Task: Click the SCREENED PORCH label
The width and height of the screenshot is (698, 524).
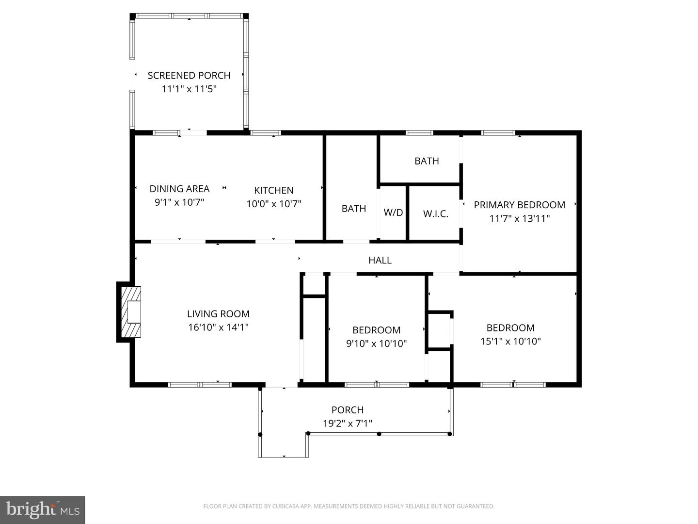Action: [x=189, y=75]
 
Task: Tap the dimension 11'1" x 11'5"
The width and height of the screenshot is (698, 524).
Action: [x=189, y=89]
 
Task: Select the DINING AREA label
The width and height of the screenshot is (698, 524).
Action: [x=179, y=189]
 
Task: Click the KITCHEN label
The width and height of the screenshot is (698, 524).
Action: [x=274, y=190]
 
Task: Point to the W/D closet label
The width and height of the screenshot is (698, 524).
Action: [x=393, y=213]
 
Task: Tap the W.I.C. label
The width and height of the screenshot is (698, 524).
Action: [x=435, y=213]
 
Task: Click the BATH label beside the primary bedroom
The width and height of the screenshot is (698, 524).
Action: [x=427, y=161]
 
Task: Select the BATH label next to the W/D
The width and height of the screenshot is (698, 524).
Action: [x=353, y=209]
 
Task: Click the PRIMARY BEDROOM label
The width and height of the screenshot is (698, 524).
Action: [x=519, y=205]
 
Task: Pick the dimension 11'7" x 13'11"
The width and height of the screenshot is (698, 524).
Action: [x=519, y=218]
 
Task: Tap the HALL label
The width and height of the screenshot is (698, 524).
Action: [x=380, y=261]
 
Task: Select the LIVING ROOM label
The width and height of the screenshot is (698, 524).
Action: [x=218, y=314]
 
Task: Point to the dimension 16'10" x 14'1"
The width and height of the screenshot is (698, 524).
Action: [x=218, y=327]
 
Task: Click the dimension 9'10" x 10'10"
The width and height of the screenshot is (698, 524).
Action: [x=376, y=344]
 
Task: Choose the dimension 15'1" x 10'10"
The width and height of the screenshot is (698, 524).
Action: [x=510, y=341]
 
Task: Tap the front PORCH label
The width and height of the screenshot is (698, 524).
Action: [x=347, y=410]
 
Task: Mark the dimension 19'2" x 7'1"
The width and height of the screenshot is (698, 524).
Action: [x=347, y=424]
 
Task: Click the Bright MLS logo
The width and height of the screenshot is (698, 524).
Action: [x=43, y=509]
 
